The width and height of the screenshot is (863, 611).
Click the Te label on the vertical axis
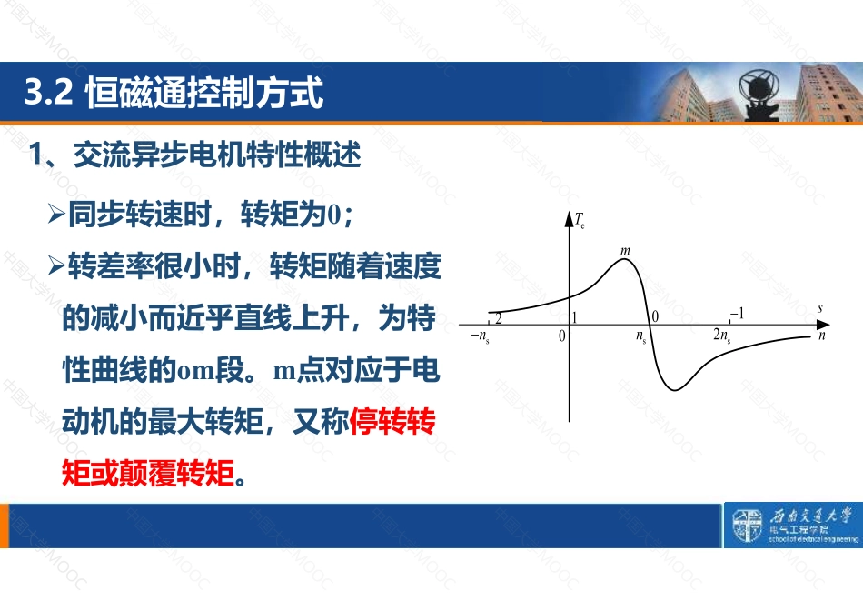click(x=580, y=220)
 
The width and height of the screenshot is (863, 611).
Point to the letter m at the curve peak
click(x=625, y=251)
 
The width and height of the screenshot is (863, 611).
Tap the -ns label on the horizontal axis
click(x=481, y=336)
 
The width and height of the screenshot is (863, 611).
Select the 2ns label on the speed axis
click(x=722, y=335)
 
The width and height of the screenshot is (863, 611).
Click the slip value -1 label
click(x=738, y=314)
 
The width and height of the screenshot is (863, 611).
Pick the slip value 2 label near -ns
click(x=499, y=318)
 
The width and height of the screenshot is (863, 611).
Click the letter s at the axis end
click(x=820, y=308)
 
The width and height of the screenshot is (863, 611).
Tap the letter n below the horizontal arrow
click(x=822, y=336)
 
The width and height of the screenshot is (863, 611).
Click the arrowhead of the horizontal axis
click(x=823, y=326)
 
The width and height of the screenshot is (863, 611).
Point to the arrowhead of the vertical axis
click(x=569, y=218)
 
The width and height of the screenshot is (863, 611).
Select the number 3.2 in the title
click(x=48, y=92)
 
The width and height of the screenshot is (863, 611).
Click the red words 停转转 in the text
click(x=392, y=421)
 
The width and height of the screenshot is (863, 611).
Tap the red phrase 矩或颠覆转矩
click(x=148, y=473)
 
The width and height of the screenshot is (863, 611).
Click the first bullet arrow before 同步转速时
click(x=56, y=215)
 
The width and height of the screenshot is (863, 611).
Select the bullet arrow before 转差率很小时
click(x=56, y=265)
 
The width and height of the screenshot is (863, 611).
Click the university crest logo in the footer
click(x=747, y=525)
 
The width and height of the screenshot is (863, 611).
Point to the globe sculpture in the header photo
click(x=759, y=88)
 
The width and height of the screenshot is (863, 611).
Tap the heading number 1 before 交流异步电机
click(x=35, y=155)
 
